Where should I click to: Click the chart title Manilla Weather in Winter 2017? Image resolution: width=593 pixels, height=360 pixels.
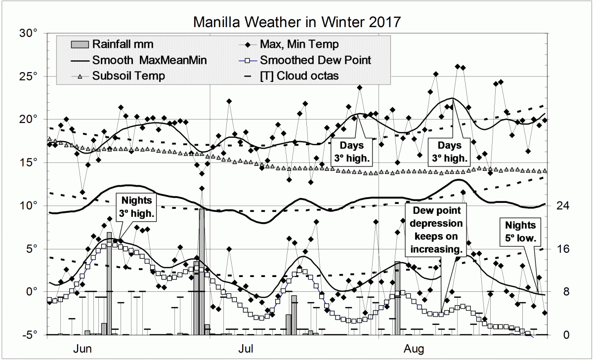[x=296, y=22]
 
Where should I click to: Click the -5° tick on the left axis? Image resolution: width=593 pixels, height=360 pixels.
[x=30, y=335]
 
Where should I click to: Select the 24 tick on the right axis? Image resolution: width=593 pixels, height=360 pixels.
[x=561, y=205]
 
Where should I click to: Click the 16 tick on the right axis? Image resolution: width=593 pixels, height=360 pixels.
[x=561, y=249]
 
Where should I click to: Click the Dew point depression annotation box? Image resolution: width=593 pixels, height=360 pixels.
[x=434, y=230]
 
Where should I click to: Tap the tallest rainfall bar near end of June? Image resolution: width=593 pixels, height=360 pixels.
[x=202, y=272]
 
